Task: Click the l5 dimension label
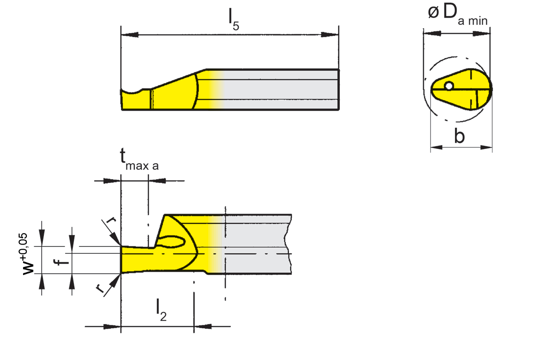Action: coord(233,19)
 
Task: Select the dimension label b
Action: coord(459,137)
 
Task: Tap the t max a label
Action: coord(139,159)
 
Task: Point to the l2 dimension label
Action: coord(160,309)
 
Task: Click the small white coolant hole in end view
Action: coord(449,86)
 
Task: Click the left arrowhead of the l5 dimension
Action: coord(130,35)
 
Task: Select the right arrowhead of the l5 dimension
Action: coord(330,35)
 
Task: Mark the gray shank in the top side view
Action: coord(282,90)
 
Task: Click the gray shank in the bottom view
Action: coord(258,245)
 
